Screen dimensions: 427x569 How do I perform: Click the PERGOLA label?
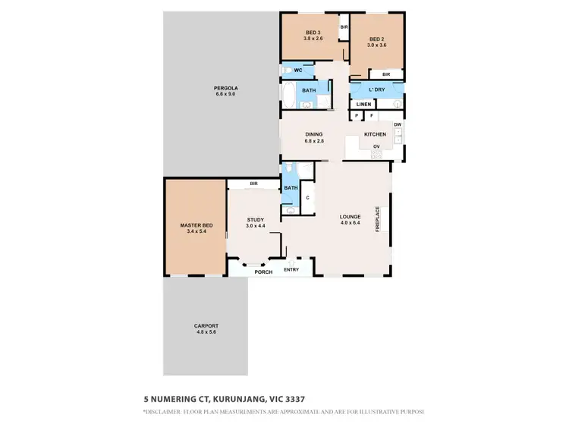(x=225, y=87)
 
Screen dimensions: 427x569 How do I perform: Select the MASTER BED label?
(x=196, y=225)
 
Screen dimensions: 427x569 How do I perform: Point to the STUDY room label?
(x=255, y=219)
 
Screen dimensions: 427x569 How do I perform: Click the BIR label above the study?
(x=253, y=184)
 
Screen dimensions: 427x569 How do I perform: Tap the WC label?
(x=299, y=70)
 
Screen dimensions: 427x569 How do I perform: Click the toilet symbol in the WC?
(x=285, y=70)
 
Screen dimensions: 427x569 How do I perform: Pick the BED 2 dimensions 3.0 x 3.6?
(x=378, y=46)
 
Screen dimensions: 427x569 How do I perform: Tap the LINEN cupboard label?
(x=363, y=104)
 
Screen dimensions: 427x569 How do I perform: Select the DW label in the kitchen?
(x=397, y=124)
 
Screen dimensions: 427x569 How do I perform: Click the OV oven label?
(x=376, y=147)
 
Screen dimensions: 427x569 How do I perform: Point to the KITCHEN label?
(x=375, y=134)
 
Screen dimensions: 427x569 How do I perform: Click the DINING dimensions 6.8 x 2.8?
(x=314, y=140)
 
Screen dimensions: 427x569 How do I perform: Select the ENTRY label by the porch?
(x=291, y=269)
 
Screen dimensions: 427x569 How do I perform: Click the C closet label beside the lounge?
(x=307, y=198)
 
